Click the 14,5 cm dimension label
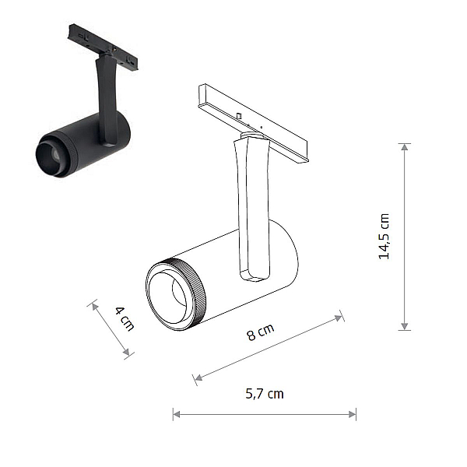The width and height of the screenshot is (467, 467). (x=384, y=237)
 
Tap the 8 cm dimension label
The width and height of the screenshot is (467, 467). (x=261, y=332)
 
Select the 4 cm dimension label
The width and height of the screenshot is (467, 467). (x=125, y=318)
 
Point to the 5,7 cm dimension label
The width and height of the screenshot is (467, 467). (x=265, y=394)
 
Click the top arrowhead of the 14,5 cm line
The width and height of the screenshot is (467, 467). (x=404, y=147)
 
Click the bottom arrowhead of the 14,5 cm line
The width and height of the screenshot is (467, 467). (x=404, y=326)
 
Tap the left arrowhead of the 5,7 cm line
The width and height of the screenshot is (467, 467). (x=177, y=414)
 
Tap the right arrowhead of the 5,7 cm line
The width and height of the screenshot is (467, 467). (x=353, y=414)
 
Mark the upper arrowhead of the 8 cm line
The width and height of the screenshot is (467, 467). (x=339, y=318)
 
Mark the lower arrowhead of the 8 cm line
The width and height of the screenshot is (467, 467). (x=198, y=377)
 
